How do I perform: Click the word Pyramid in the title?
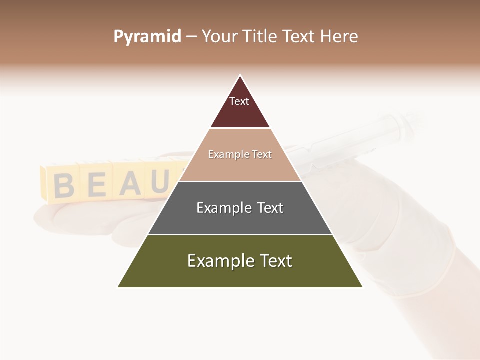click(x=147, y=37)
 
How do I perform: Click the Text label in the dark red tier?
click(x=239, y=101)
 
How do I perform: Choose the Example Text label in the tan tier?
click(x=240, y=154)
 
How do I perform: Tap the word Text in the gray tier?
click(x=270, y=208)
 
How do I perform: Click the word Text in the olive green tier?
click(x=275, y=261)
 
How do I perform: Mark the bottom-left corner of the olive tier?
click(x=118, y=287)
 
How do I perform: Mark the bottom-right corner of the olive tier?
click(x=362, y=287)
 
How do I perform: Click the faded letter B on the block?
click(x=64, y=185)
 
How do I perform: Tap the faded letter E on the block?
click(x=97, y=185)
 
